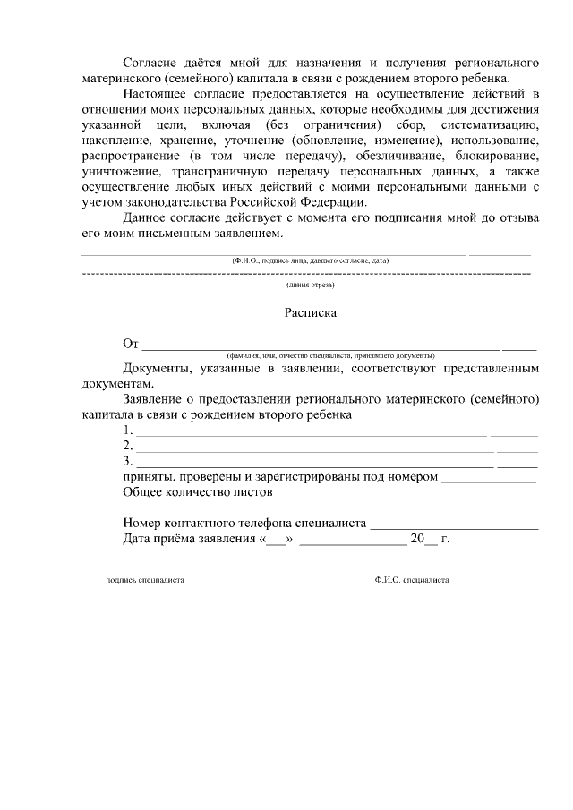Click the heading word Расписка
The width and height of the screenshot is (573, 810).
pos(310,314)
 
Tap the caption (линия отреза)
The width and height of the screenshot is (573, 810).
pos(310,285)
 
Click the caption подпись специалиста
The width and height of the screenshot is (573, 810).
pos(145,580)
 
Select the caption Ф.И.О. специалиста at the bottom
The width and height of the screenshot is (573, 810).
pos(412,580)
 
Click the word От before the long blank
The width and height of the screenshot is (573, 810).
pos(132,344)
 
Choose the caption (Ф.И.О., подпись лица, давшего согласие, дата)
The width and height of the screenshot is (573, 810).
pos(310,260)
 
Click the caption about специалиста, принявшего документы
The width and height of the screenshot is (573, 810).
pos(330,355)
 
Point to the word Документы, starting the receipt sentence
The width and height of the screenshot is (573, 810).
pos(158,368)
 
